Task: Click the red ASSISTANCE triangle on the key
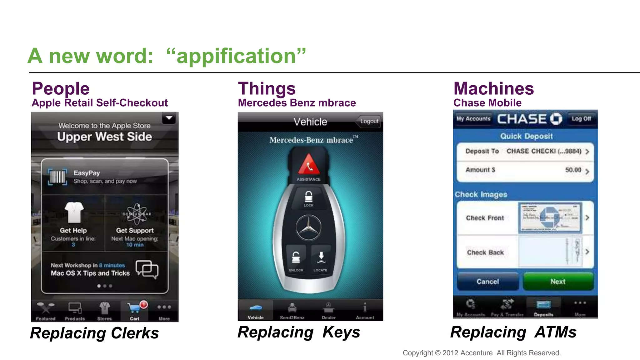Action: [309, 165]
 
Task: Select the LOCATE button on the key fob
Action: [321, 260]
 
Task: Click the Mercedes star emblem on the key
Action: [308, 228]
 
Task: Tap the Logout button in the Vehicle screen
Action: [369, 121]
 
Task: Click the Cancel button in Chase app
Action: [487, 281]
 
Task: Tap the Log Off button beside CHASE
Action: [581, 119]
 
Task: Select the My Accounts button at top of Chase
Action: [473, 119]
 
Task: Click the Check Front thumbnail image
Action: [550, 218]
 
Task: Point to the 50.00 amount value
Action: [573, 170]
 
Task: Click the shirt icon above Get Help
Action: [74, 212]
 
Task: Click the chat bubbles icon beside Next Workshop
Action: [147, 269]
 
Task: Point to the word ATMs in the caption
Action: [555, 332]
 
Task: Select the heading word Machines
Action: [493, 89]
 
